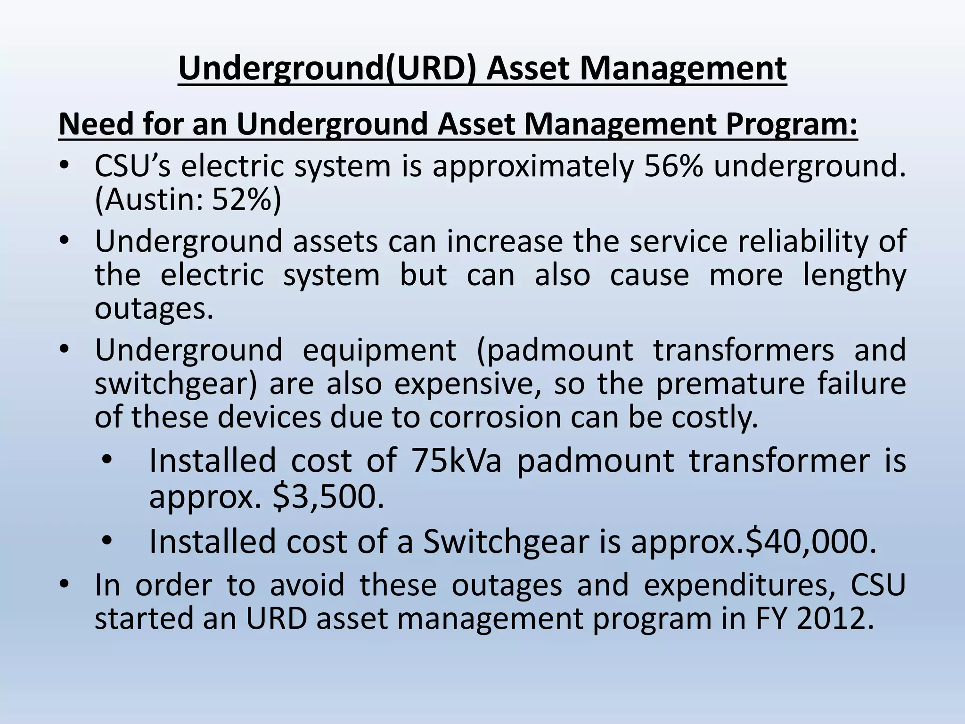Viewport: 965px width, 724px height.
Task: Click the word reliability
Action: [806, 241]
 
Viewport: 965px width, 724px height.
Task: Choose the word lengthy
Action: [854, 275]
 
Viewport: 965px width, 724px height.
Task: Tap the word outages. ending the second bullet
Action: [154, 309]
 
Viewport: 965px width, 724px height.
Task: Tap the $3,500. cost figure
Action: [328, 497]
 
